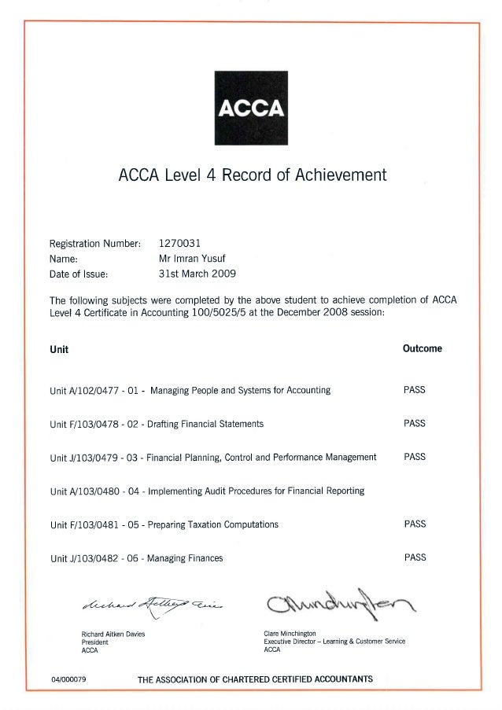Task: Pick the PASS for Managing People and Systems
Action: point(414,390)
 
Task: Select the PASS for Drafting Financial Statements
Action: point(414,423)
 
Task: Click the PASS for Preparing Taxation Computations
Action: point(414,524)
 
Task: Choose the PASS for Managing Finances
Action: point(414,557)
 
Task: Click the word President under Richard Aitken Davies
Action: point(95,642)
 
